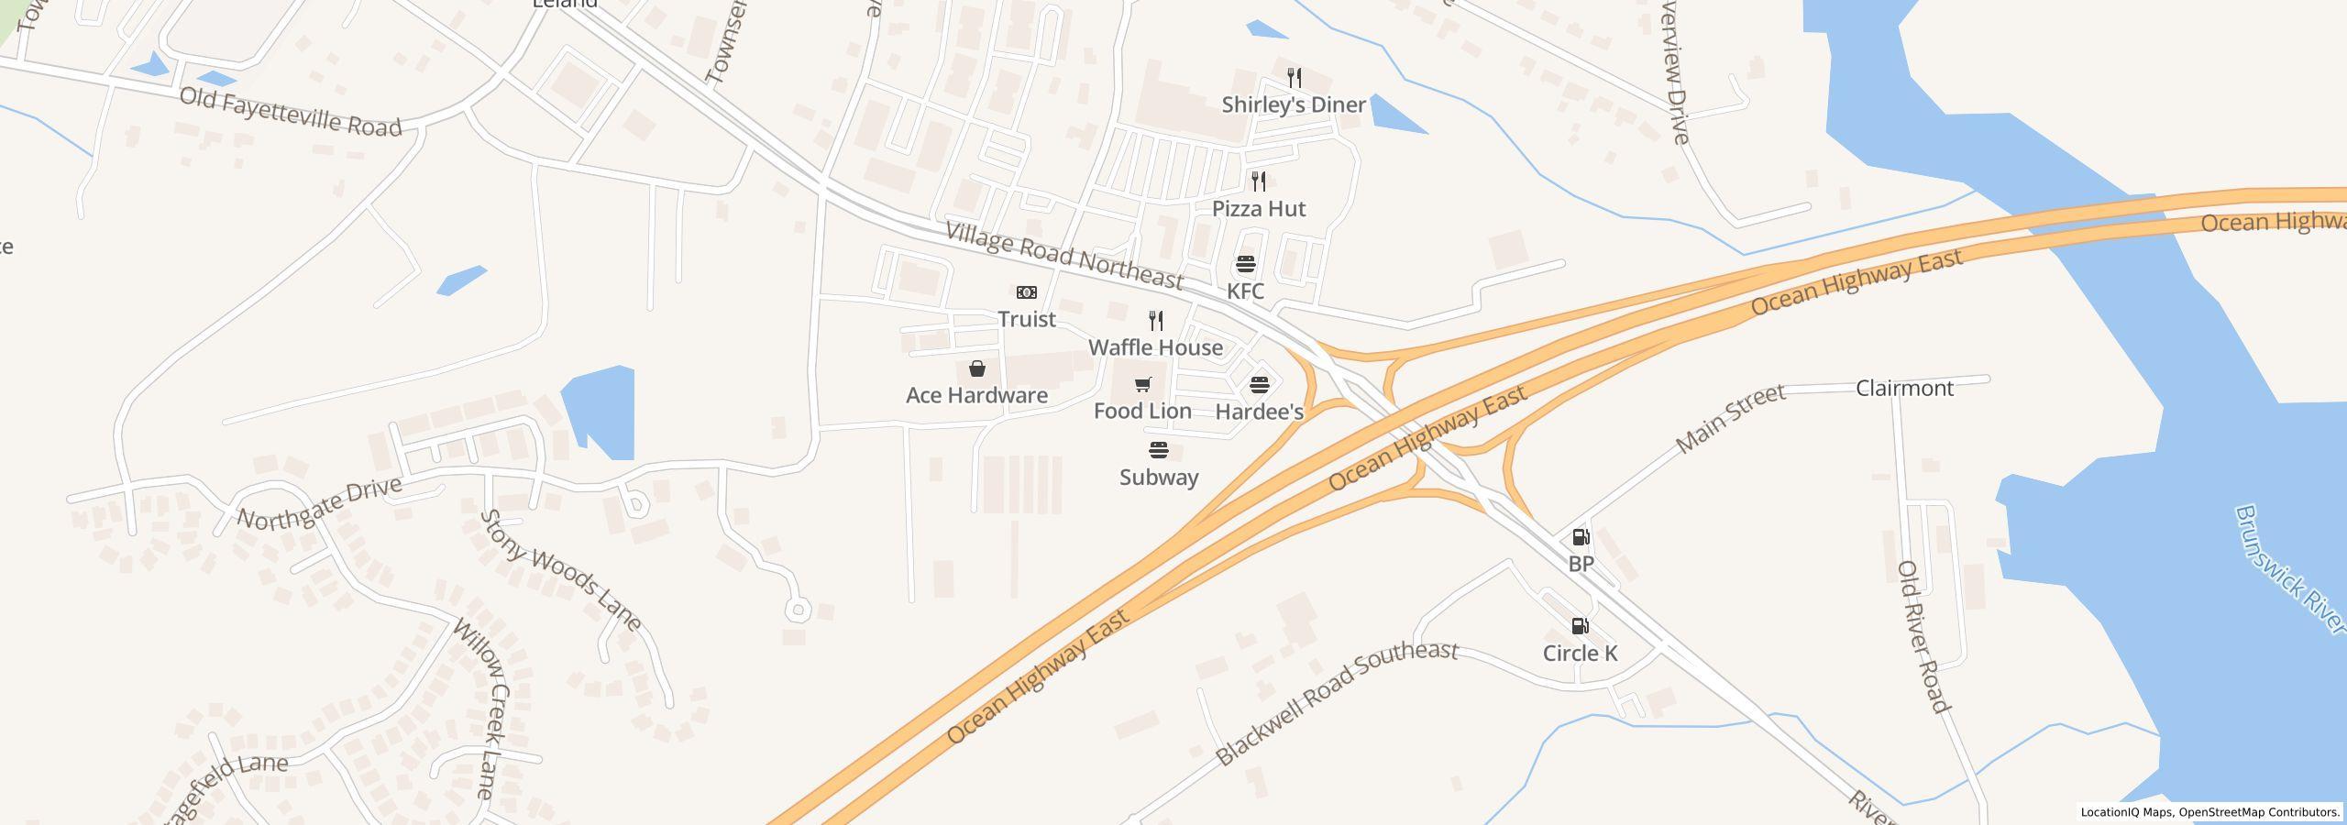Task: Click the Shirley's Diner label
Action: pos(1294,104)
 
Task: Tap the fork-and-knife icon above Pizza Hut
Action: pos(1259,181)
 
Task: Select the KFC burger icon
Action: pos(1245,265)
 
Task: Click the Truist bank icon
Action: pos(1026,292)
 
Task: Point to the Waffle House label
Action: pos(1155,347)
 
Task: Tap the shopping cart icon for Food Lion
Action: pos(1142,384)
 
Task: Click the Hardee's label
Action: pos(1259,412)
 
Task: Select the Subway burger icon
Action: pos(1159,450)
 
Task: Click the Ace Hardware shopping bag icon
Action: pos(977,368)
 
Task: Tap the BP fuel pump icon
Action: pos(1581,537)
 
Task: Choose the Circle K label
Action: pos(1580,653)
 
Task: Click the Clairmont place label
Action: pos(1904,388)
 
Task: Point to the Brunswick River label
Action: pos(2288,568)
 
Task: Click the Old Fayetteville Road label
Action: pos(291,112)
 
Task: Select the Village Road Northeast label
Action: pos(1063,255)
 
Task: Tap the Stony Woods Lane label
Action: pos(560,570)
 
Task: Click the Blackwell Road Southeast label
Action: pos(1336,701)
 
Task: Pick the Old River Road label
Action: pos(1922,636)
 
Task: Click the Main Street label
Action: pos(1730,418)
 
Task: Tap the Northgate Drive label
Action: pos(319,502)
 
